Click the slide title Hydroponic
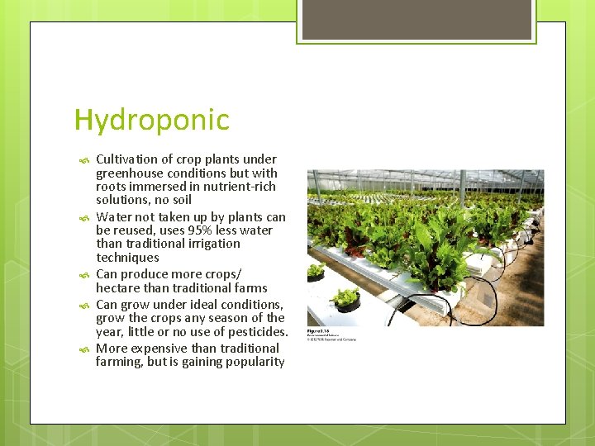click(x=151, y=121)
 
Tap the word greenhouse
click(x=128, y=173)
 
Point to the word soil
click(x=179, y=200)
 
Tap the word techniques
click(x=127, y=258)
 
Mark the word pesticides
click(x=257, y=332)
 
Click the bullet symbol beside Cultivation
click(x=83, y=160)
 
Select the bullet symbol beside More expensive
click(x=83, y=349)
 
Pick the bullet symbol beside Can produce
click(x=83, y=275)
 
